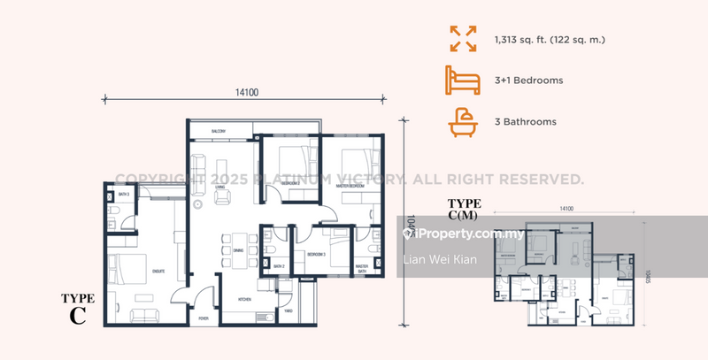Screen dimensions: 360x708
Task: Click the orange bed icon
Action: (x=462, y=80)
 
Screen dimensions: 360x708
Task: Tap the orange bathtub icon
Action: (x=462, y=122)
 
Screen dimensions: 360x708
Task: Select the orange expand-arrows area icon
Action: (x=462, y=39)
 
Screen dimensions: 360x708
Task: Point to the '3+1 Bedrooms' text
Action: (x=528, y=80)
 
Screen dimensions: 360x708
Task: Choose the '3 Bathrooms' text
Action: (x=526, y=122)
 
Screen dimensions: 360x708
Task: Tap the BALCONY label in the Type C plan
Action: (x=220, y=132)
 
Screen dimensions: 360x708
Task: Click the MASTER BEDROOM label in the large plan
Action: (x=351, y=185)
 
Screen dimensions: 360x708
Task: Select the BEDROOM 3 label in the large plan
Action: (x=316, y=253)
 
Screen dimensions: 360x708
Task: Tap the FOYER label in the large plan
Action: (x=203, y=318)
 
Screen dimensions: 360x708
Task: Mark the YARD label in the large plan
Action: (x=289, y=311)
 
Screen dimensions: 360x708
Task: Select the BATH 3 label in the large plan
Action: (x=124, y=194)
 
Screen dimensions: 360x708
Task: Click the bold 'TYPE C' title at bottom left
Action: (x=78, y=309)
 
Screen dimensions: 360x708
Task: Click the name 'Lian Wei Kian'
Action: (x=439, y=258)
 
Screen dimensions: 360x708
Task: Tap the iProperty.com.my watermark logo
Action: (x=462, y=234)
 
